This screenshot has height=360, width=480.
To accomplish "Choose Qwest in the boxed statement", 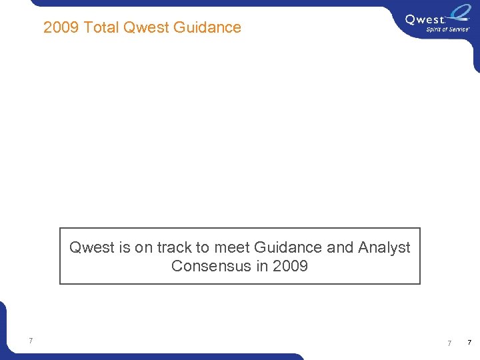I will [x=92, y=247].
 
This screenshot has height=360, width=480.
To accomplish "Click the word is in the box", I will [x=125, y=247].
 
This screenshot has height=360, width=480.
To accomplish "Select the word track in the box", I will [x=175, y=247].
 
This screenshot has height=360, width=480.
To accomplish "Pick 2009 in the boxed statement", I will [x=291, y=266].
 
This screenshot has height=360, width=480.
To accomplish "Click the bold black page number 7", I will [x=469, y=343].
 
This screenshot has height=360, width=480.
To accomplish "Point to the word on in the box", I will [x=144, y=247].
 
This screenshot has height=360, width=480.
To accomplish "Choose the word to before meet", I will [x=203, y=247].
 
